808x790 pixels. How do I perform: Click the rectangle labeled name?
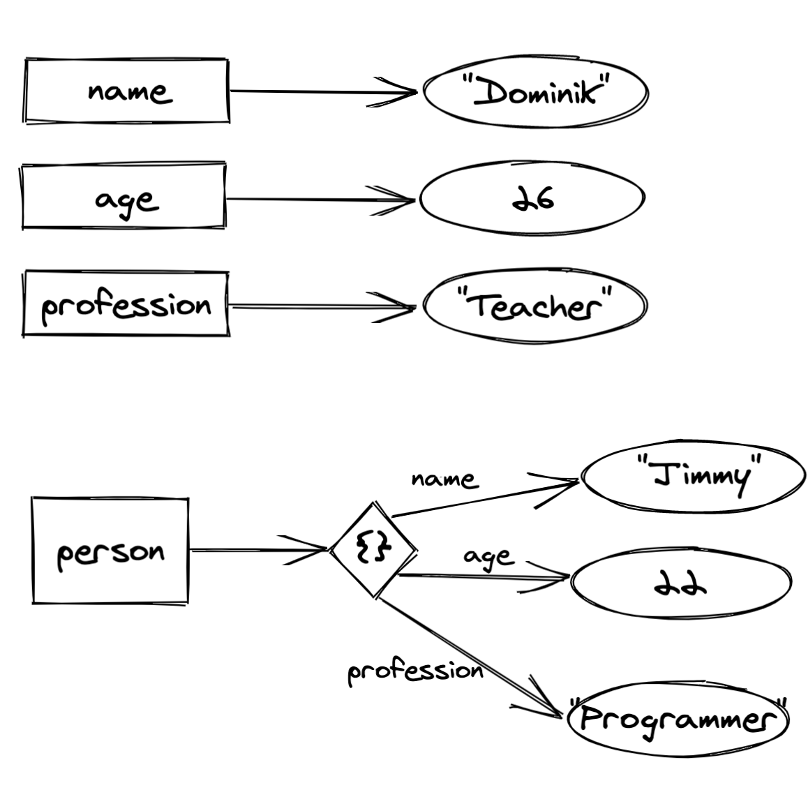126,91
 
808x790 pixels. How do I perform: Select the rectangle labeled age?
124,197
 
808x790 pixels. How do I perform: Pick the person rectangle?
110,551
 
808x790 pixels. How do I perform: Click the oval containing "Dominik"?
535,92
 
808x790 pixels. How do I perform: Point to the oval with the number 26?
532,199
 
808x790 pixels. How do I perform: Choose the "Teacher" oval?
535,306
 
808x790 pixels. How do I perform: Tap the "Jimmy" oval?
693,478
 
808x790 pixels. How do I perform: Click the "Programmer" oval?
678,719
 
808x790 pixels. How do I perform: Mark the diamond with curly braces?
373,550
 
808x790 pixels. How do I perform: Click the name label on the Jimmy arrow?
444,479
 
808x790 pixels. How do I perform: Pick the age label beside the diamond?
488,557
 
